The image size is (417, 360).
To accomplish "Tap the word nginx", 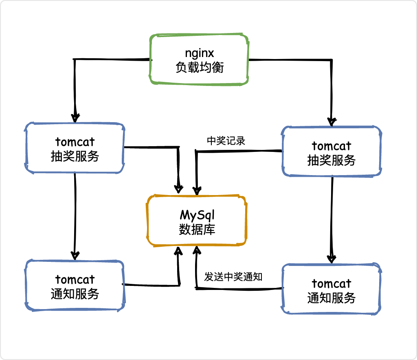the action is click(200, 53).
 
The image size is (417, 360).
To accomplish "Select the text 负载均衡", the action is click(200, 67).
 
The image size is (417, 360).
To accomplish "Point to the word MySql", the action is click(197, 215).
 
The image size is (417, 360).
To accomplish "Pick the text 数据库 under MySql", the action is click(197, 229).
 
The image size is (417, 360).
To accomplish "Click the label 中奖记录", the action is click(226, 141).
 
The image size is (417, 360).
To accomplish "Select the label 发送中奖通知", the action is click(233, 277).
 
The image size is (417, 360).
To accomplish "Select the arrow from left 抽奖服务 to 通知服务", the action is click(75, 216).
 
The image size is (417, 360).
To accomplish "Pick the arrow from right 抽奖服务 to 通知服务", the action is click(331, 220).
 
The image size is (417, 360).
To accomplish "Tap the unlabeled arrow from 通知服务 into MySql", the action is click(179, 285).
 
